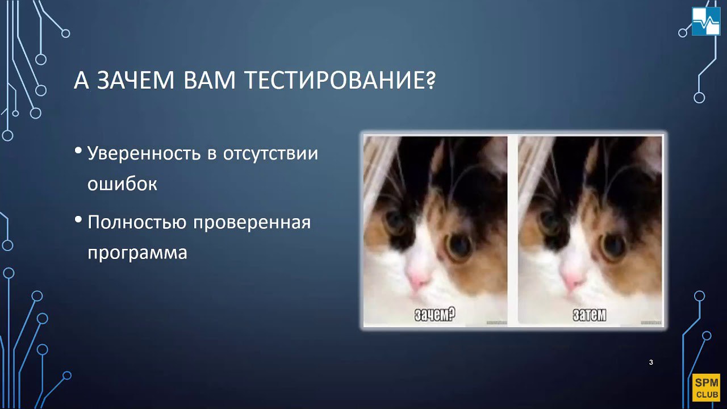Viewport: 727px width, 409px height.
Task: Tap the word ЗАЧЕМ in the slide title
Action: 136,80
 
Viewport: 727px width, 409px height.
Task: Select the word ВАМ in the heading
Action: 210,80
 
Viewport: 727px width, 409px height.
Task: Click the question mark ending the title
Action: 431,80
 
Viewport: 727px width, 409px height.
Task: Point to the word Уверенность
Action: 144,153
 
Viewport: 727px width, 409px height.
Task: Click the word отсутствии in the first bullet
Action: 270,153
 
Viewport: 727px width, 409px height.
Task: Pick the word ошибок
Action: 122,183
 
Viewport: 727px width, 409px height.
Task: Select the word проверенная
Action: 252,223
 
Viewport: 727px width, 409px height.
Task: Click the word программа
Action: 137,253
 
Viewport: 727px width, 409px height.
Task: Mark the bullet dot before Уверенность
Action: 78,151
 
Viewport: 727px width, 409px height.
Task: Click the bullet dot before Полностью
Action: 78,220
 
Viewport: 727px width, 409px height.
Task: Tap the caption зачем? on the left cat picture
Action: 435,314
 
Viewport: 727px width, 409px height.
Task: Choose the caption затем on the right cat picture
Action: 590,315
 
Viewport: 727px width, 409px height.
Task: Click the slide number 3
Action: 651,362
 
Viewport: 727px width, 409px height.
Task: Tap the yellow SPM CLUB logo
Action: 706,388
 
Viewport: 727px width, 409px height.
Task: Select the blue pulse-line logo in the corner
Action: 706,21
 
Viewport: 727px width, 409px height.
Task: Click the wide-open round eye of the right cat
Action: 613,247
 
